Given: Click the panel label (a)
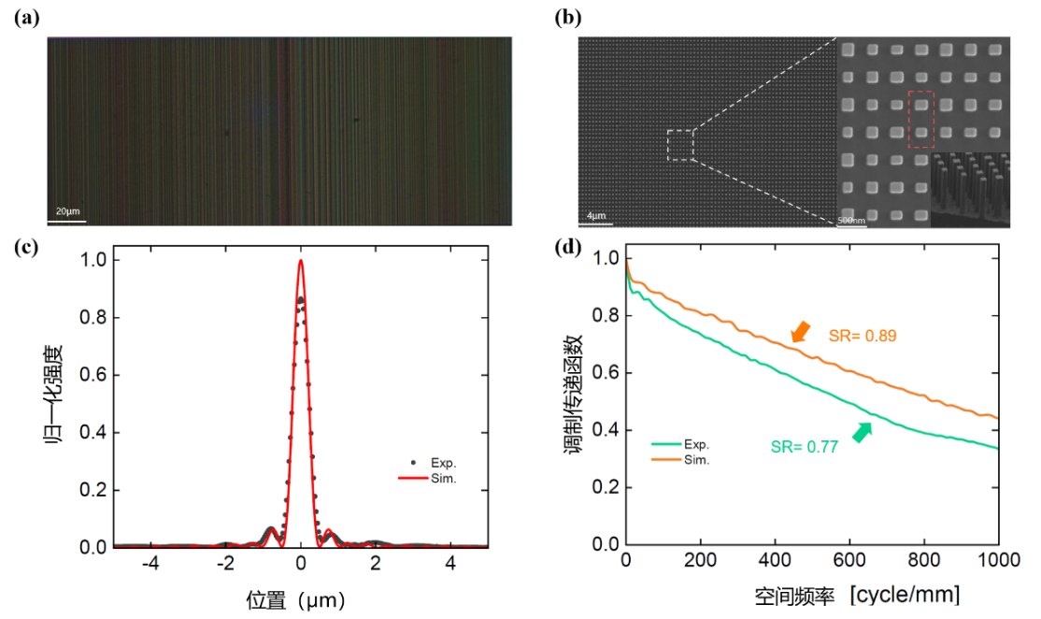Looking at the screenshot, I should tap(25, 18).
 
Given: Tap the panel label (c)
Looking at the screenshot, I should tap(25, 248).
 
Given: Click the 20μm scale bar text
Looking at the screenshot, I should tap(67, 212).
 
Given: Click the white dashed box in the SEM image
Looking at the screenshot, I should tap(680, 145).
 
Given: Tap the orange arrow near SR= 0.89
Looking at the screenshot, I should tap(800, 332).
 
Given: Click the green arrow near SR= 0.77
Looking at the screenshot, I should tap(862, 431).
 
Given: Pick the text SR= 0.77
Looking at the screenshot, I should tap(805, 448).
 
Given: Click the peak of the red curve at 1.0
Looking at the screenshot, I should tap(300, 261).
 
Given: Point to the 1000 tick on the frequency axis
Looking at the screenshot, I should tap(997, 559).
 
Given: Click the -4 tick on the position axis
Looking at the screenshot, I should tap(150, 564).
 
